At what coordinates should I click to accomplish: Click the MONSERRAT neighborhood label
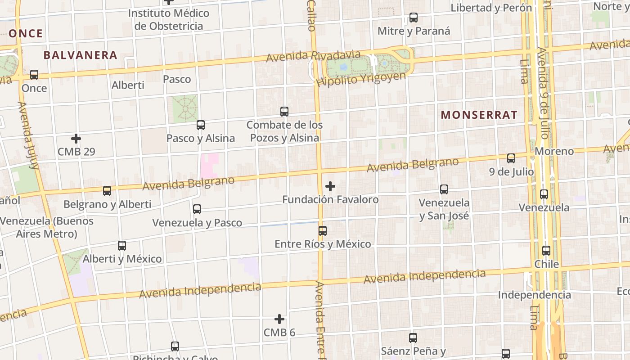(479, 115)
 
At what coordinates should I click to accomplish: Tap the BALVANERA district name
(80, 55)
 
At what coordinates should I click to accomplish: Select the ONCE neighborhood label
(26, 33)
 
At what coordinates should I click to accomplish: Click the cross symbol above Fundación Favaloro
(330, 186)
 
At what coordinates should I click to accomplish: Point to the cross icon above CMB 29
(76, 138)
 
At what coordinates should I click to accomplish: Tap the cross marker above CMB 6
(279, 319)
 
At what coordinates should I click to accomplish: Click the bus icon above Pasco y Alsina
(201, 125)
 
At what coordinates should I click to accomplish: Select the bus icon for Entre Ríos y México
(323, 231)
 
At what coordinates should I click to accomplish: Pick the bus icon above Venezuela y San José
(444, 189)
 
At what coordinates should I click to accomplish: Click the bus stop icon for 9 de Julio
(511, 158)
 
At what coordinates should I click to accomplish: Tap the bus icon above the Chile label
(546, 251)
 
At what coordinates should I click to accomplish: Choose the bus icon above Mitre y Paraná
(414, 18)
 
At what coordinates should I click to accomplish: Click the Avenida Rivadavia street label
(313, 56)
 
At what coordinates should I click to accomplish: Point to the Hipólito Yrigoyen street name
(361, 80)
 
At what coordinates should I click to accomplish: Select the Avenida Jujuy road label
(28, 135)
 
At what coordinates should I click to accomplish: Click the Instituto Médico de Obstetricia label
(169, 19)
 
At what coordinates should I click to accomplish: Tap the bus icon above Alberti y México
(122, 246)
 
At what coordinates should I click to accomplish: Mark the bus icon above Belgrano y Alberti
(107, 191)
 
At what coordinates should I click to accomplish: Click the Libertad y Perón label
(491, 8)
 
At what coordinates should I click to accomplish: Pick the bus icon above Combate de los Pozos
(284, 111)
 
